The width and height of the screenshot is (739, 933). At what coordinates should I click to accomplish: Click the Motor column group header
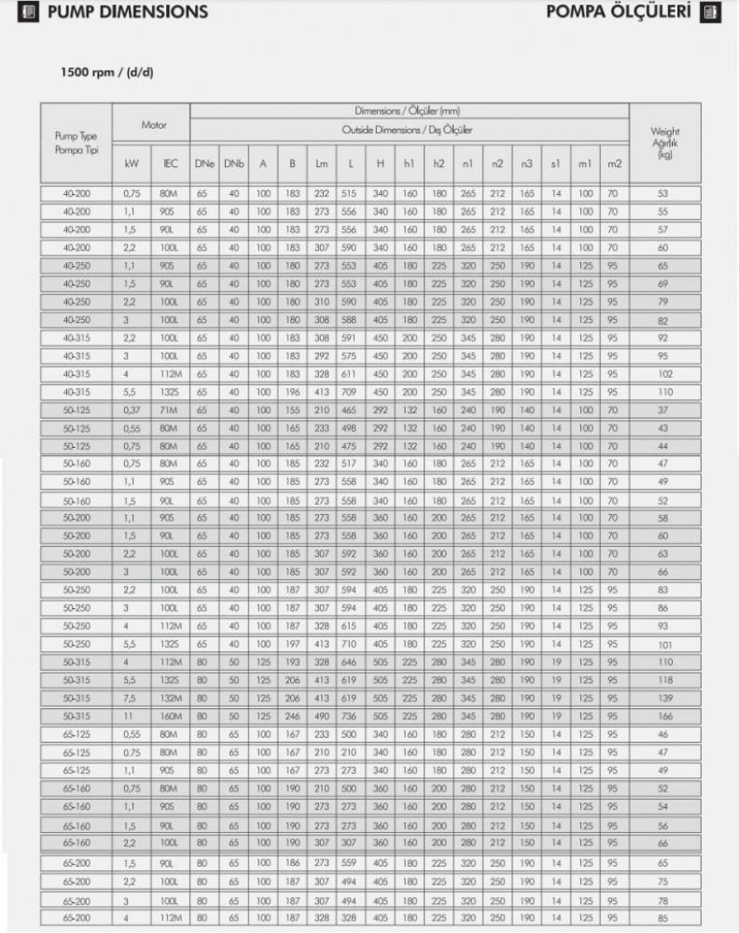[153, 124]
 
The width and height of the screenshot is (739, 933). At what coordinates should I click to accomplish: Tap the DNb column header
[232, 164]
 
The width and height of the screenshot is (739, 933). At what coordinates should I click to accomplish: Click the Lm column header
[322, 164]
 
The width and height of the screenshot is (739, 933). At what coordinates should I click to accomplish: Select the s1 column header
[554, 164]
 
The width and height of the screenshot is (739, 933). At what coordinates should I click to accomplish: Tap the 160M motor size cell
[169, 716]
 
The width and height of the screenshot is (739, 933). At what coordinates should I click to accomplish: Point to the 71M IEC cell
[169, 411]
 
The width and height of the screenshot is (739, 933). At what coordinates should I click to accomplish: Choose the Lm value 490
[322, 716]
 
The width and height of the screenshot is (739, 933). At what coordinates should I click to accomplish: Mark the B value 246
[292, 716]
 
